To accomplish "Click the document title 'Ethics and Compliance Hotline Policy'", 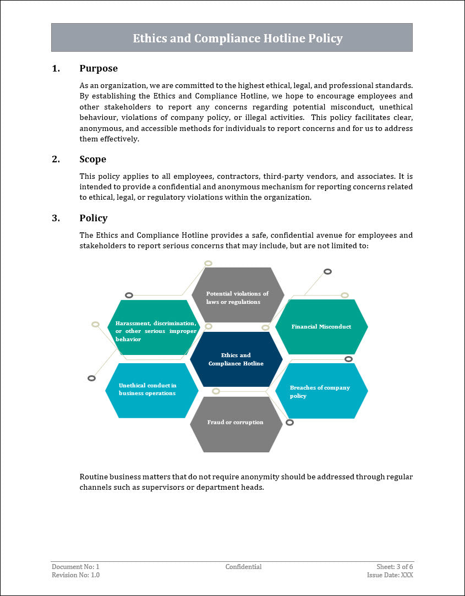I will coord(238,38).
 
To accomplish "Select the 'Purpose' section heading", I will coord(99,68).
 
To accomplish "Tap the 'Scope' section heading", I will coord(92,159).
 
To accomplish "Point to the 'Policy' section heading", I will coord(94,218).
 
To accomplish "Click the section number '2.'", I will coord(56,159).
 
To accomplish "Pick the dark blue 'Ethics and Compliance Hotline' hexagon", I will coord(236,359).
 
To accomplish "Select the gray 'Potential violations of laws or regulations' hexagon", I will coord(238,297).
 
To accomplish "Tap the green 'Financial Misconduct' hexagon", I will coord(321,327).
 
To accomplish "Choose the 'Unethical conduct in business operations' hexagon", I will coord(151,390).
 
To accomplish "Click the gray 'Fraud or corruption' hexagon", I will coord(236,423).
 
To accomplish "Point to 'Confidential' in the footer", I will coord(243,567).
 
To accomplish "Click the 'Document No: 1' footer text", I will coord(75,567).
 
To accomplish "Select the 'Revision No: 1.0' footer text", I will coord(76,575).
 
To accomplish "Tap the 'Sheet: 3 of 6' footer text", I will coord(391,567).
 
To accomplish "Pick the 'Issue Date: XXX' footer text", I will coord(390,575).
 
